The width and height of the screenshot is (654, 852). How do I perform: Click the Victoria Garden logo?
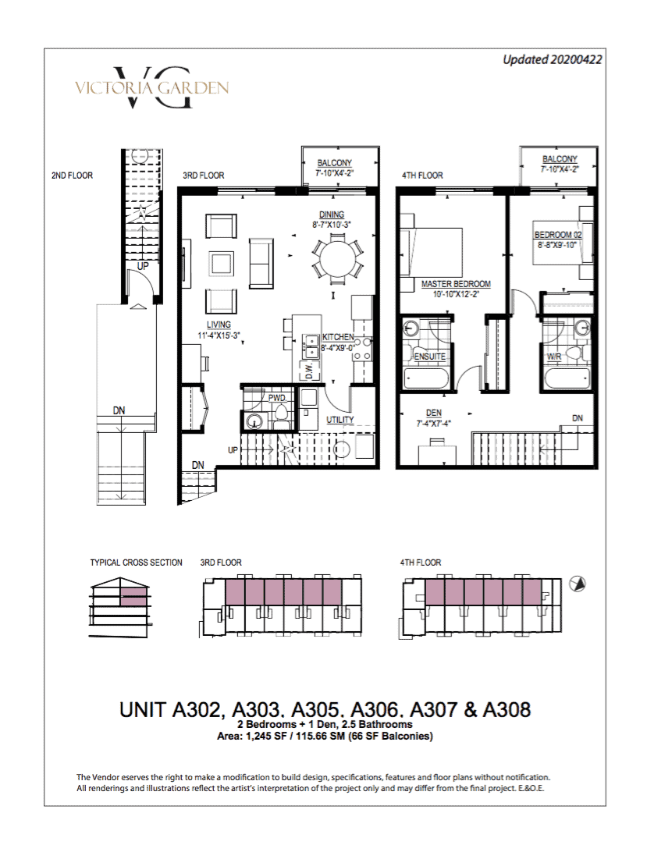(x=151, y=87)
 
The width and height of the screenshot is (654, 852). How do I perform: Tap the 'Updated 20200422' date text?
(x=553, y=60)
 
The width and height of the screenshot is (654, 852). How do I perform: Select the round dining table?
(x=337, y=259)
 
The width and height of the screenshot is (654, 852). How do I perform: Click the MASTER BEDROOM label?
(x=456, y=284)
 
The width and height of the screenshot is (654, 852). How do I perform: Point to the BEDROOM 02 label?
(x=558, y=235)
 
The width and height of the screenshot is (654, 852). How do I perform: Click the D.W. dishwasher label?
(x=309, y=371)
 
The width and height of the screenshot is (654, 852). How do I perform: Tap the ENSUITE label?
(x=429, y=357)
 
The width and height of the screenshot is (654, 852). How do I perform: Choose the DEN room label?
(x=433, y=413)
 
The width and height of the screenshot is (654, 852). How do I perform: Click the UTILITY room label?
(x=339, y=420)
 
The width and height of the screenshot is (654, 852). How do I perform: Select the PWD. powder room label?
(x=277, y=398)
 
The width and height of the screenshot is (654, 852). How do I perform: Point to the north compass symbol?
(x=577, y=584)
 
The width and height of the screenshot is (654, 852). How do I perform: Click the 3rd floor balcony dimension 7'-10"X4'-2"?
(x=334, y=173)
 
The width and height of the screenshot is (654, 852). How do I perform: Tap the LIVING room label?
(x=218, y=325)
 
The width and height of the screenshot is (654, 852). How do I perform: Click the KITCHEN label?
(x=338, y=337)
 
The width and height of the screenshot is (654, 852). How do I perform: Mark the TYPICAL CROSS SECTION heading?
(x=137, y=563)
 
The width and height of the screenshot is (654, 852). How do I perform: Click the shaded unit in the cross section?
(x=133, y=598)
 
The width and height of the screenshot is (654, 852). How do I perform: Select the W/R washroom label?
(x=554, y=357)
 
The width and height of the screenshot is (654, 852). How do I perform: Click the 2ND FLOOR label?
(x=73, y=176)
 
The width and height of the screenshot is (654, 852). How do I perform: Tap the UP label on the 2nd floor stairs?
(x=143, y=266)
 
